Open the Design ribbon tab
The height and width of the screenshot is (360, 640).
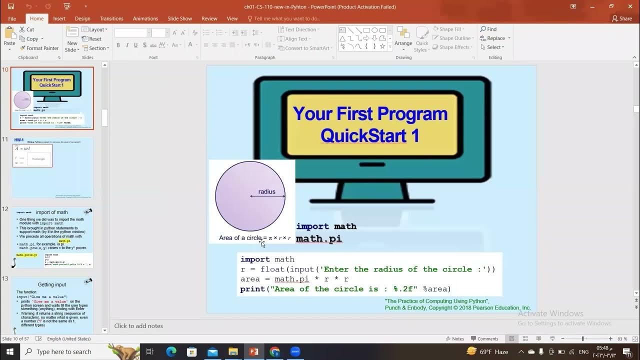point(82,18)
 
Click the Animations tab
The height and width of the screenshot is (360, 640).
point(145,18)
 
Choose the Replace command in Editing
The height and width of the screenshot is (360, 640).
point(495,38)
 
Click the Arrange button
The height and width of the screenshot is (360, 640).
point(403,38)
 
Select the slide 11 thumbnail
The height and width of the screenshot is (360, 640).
point(52,167)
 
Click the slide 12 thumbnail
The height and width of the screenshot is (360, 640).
point(52,237)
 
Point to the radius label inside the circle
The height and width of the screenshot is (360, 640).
point(266,191)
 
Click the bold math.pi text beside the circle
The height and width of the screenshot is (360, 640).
point(319,238)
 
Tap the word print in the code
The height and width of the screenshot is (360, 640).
point(252,289)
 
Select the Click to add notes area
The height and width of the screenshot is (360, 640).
point(138,326)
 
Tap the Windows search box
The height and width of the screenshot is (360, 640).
point(64,351)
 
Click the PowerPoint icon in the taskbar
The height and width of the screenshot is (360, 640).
point(253,351)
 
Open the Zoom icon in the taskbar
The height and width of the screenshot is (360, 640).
point(295,351)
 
